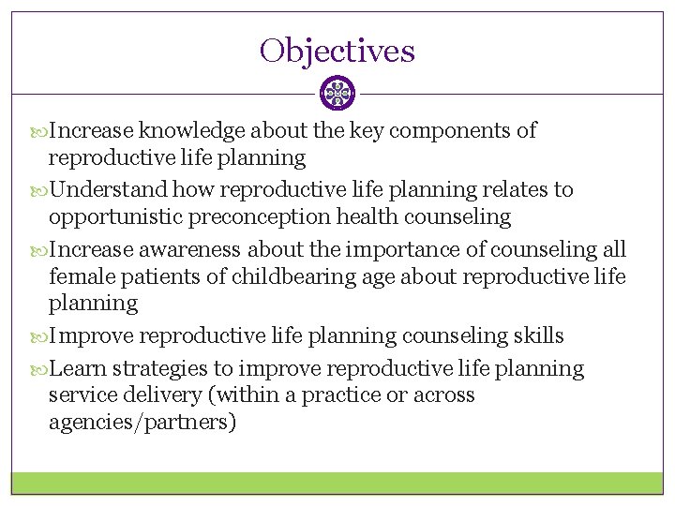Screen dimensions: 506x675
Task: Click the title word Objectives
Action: click(x=337, y=51)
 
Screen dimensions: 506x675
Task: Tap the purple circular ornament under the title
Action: click(x=337, y=93)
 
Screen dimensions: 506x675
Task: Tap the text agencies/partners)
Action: click(x=142, y=423)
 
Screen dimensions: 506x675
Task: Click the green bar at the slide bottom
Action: click(x=337, y=483)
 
